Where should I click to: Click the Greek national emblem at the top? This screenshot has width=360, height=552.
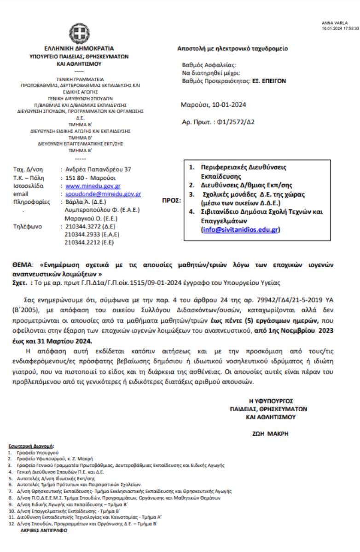pyautogui.click(x=79, y=33)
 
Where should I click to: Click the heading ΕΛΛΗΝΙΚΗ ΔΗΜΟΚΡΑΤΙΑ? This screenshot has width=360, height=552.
pyautogui.click(x=79, y=48)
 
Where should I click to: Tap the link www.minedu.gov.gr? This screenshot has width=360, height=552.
pyautogui.click(x=92, y=186)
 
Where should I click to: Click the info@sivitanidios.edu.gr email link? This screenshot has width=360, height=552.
pyautogui.click(x=240, y=230)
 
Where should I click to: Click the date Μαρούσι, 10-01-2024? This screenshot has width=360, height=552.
pyautogui.click(x=213, y=105)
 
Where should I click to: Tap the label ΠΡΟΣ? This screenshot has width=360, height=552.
pyautogui.click(x=172, y=201)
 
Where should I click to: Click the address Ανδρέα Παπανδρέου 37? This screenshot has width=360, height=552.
pyautogui.click(x=98, y=169)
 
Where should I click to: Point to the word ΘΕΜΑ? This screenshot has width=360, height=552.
pyautogui.click(x=23, y=265)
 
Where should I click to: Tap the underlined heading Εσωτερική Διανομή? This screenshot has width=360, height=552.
pyautogui.click(x=31, y=447)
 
